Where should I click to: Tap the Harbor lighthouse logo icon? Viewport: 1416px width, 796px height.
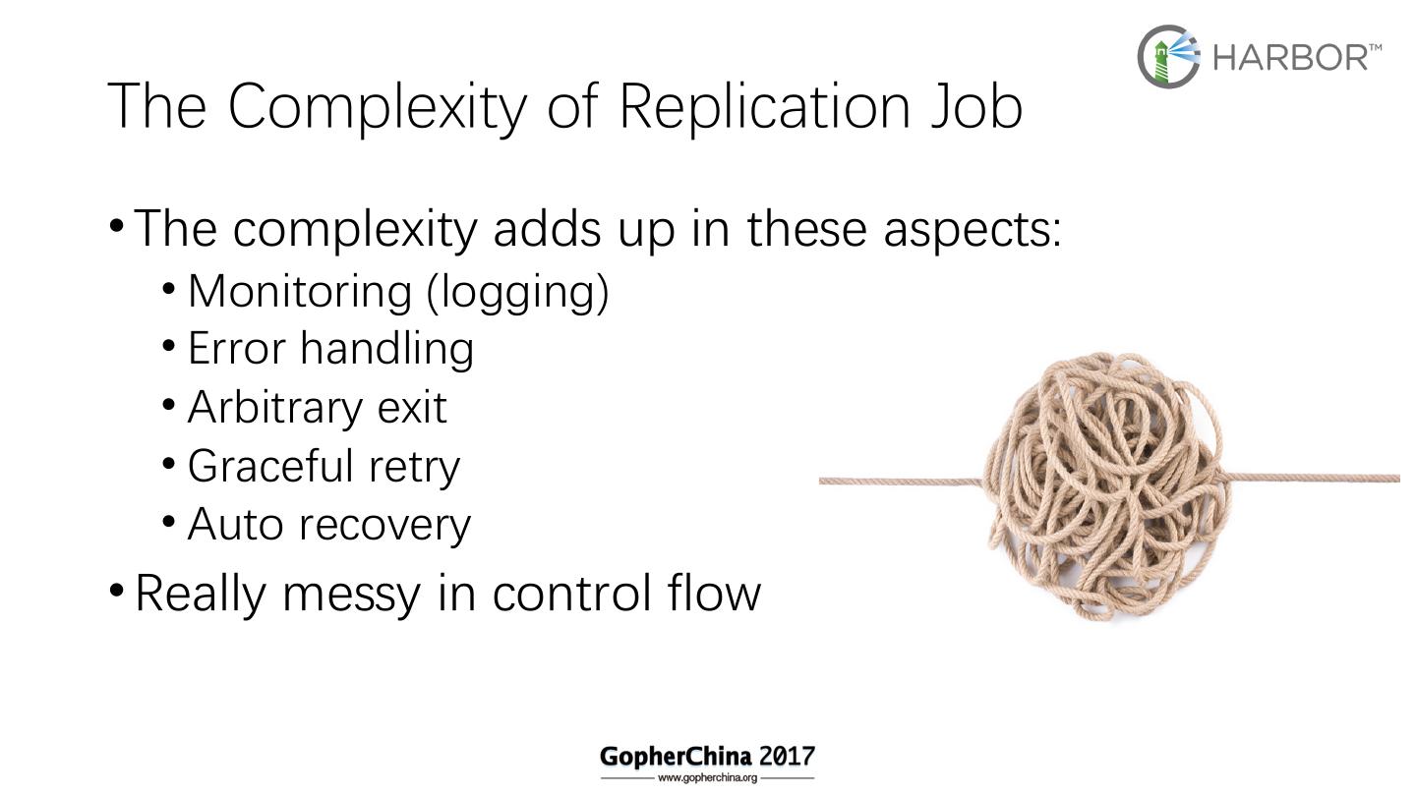(1168, 56)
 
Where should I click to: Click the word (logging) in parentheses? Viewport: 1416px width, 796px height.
(517, 292)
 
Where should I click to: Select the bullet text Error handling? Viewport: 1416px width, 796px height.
(330, 349)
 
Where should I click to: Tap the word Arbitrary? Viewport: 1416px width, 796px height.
(274, 408)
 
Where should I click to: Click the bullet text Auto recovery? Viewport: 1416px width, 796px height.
(328, 524)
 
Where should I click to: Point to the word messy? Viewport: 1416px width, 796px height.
(350, 594)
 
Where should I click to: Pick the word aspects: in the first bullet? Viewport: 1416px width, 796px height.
(972, 229)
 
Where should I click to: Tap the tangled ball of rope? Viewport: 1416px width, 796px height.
(1105, 486)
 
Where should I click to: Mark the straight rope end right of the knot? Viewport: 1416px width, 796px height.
(1314, 479)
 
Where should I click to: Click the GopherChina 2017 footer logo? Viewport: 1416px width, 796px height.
(707, 757)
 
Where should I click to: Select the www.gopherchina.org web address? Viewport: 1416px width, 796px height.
(707, 777)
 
